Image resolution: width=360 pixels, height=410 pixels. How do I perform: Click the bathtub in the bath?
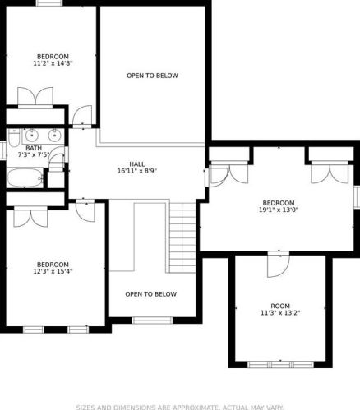[25, 177]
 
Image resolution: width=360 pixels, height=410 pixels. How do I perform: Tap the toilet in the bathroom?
[13, 138]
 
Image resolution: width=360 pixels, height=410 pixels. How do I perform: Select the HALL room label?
[137, 164]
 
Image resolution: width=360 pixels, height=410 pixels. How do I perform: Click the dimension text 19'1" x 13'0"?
[279, 210]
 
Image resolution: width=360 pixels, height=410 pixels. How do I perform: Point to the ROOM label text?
[280, 306]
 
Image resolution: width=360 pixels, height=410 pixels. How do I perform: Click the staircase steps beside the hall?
[182, 237]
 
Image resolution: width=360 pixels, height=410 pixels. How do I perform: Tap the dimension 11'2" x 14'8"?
[53, 63]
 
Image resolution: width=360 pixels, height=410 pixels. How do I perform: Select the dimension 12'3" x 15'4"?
[53, 271]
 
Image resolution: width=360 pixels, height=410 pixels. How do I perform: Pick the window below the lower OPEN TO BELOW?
[153, 320]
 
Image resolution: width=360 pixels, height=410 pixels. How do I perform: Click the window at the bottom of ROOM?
[280, 365]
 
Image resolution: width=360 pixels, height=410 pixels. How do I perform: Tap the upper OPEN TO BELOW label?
[152, 76]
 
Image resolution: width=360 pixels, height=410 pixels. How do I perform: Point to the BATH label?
[34, 148]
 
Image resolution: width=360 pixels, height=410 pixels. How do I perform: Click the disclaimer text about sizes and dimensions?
[179, 408]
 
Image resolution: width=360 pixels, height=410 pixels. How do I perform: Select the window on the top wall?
[48, 2]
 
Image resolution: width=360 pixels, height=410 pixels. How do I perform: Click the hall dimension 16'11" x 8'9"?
[137, 171]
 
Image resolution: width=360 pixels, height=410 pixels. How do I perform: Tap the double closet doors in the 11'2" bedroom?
[35, 96]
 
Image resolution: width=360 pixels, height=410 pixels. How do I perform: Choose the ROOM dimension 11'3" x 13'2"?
[280, 313]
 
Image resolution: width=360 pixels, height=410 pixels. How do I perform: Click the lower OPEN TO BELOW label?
[151, 294]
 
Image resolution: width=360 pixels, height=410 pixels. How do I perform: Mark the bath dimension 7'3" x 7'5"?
[34, 155]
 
